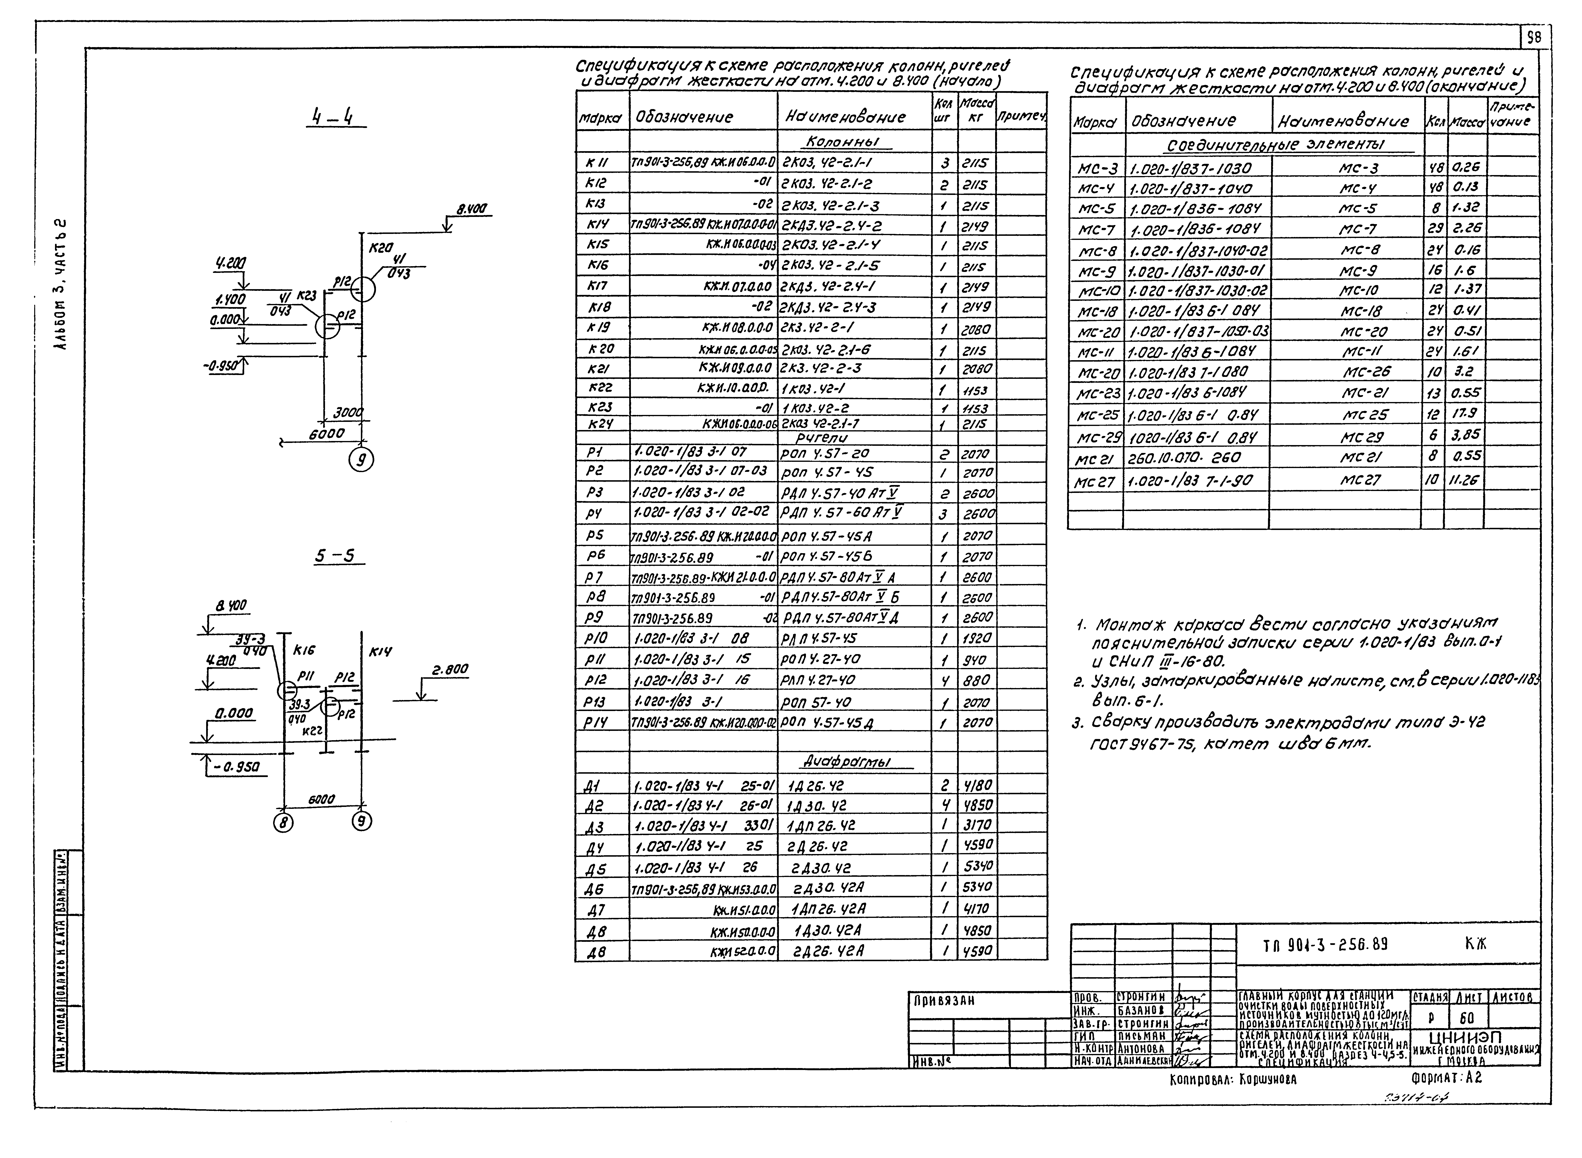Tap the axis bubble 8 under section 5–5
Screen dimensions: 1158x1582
click(283, 822)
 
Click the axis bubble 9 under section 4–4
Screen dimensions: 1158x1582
click(362, 460)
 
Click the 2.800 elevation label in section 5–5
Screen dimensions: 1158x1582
click(449, 669)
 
